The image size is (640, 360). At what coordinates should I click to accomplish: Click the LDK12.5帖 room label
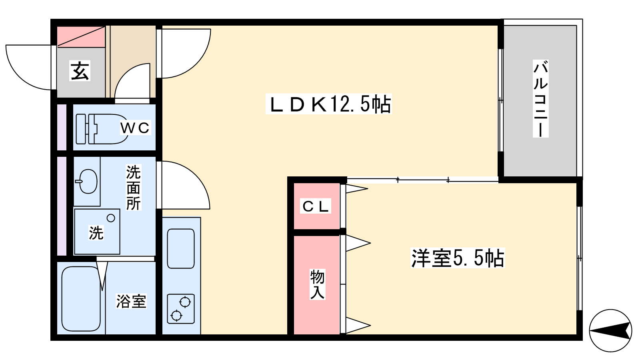pyautogui.click(x=328, y=104)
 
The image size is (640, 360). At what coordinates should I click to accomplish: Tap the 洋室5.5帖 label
pyautogui.click(x=458, y=258)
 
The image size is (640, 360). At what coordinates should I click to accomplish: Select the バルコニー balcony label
pyautogui.click(x=540, y=98)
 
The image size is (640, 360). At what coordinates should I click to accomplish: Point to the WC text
pyautogui.click(x=135, y=128)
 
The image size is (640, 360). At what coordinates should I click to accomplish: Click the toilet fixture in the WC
pyautogui.click(x=102, y=129)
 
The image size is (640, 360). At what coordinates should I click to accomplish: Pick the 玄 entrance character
pyautogui.click(x=80, y=70)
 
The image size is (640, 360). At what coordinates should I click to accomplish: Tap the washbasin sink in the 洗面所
pyautogui.click(x=86, y=181)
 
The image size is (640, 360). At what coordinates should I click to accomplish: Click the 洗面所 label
pyautogui.click(x=134, y=188)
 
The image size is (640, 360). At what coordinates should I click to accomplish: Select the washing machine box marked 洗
pyautogui.click(x=97, y=232)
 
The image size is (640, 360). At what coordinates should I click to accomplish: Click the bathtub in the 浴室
pyautogui.click(x=81, y=299)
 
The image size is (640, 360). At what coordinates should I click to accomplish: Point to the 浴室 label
pyautogui.click(x=131, y=301)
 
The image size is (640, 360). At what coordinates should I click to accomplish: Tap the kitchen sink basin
pyautogui.click(x=181, y=248)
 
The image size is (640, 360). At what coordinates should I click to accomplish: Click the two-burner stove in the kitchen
pyautogui.click(x=181, y=309)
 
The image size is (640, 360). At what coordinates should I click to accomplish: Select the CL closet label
pyautogui.click(x=316, y=206)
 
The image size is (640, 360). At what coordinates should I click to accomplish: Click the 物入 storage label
pyautogui.click(x=318, y=284)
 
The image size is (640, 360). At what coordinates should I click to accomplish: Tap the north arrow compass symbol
pyautogui.click(x=610, y=330)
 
